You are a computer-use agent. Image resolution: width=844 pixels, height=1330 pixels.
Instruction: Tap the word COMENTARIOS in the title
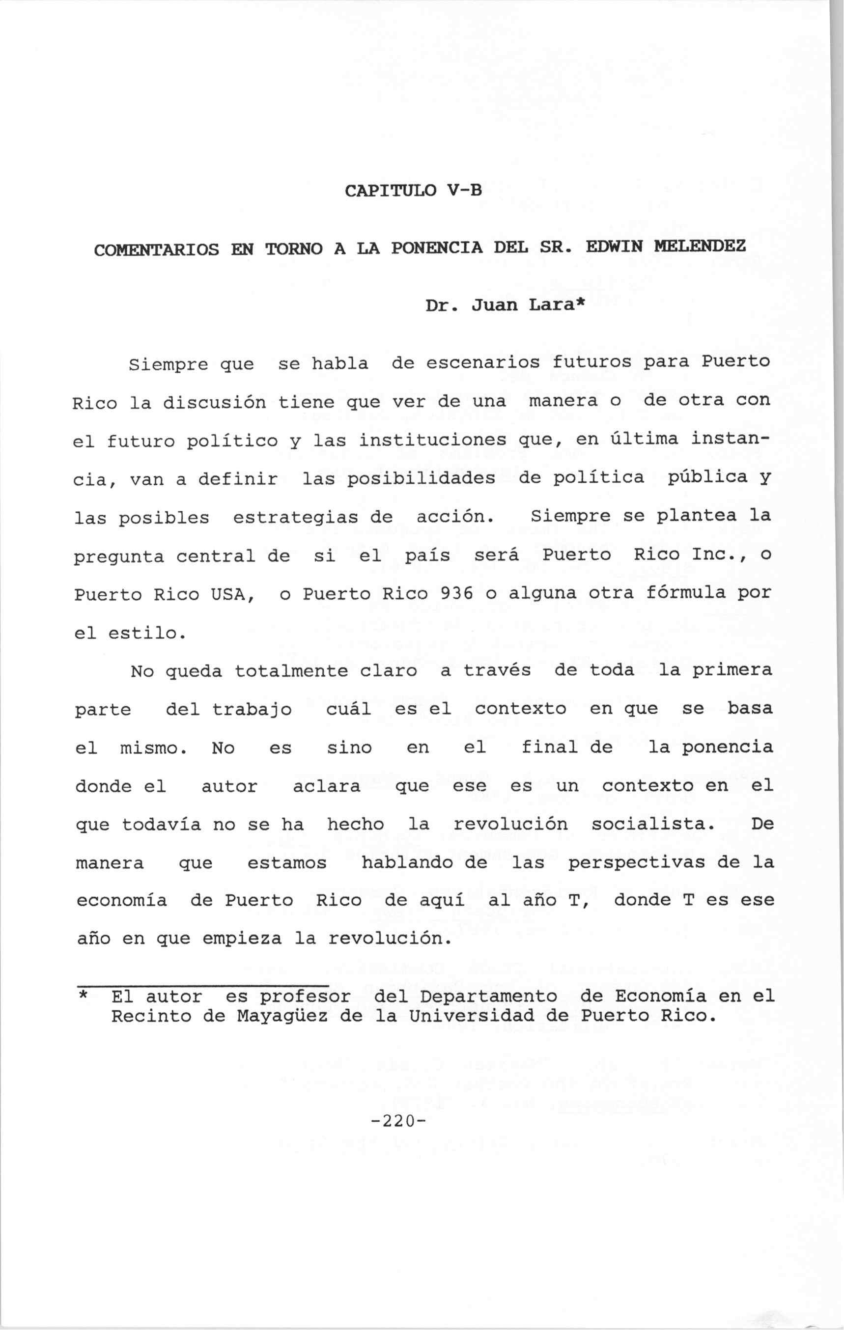[156, 250]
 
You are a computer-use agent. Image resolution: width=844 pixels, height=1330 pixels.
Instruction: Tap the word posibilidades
[421, 478]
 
